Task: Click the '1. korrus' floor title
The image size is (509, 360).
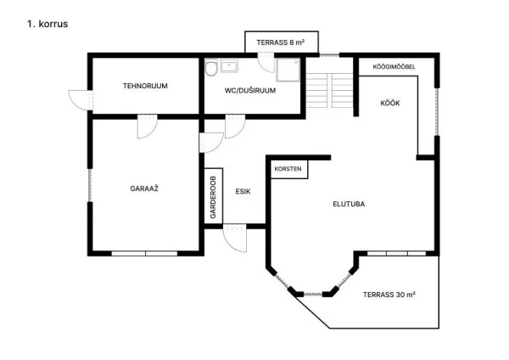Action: pos(48,24)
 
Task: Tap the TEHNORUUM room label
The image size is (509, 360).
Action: pos(145,86)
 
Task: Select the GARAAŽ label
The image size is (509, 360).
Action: pos(144,188)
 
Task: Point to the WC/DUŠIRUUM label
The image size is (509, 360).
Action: pos(250,91)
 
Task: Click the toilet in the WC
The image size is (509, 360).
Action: pos(211,68)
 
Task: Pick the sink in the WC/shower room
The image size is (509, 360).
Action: pos(229,66)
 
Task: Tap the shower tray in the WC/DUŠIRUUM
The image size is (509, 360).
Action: pos(288,70)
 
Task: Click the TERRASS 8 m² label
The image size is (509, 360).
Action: pos(281,42)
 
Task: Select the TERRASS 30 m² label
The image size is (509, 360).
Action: pos(389,295)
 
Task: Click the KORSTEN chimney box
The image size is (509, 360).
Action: pos(288,169)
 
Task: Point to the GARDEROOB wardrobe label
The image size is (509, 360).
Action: pos(213,197)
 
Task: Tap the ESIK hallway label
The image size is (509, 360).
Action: pos(243,192)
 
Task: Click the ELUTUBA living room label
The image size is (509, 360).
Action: pos(349,204)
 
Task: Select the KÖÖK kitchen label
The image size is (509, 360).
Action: pos(390,104)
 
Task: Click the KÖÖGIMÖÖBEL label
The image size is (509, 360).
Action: pos(394,67)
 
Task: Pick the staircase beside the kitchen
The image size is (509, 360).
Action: pos(329,91)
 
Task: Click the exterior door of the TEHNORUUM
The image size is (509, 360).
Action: pos(81,100)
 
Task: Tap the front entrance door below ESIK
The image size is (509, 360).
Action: pos(235,238)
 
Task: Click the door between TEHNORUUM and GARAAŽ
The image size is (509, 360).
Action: pos(148,127)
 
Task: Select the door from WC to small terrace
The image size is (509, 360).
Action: pos(266,63)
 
